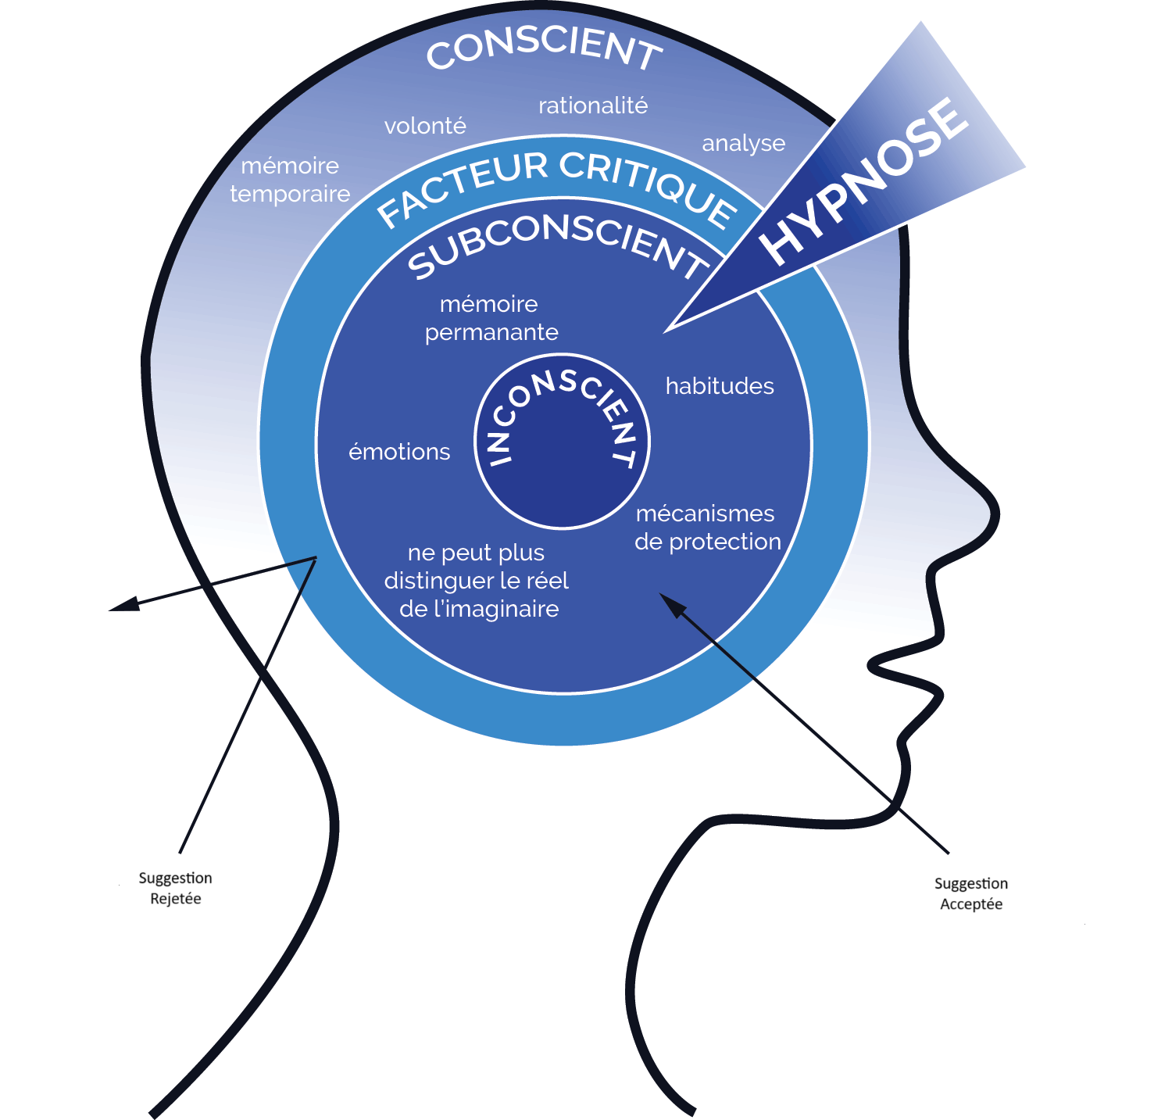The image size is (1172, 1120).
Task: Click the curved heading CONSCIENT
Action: click(x=545, y=48)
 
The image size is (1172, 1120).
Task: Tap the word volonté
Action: click(x=425, y=126)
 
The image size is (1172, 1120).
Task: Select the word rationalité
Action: click(x=593, y=106)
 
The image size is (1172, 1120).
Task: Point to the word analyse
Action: click(x=743, y=143)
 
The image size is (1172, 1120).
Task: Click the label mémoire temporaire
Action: click(x=290, y=180)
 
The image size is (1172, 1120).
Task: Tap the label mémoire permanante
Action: click(x=491, y=318)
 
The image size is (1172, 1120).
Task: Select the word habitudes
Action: click(x=720, y=386)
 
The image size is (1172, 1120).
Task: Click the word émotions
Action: click(x=399, y=452)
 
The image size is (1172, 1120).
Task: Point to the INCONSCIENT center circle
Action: click(x=563, y=442)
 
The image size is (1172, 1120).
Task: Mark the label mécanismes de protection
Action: click(x=707, y=528)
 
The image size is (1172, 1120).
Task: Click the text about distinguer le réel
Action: click(x=477, y=581)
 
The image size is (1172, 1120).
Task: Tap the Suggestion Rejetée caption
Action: click(x=175, y=888)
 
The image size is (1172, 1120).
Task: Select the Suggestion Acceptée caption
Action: click(x=971, y=893)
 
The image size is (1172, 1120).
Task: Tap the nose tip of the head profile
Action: click(x=997, y=512)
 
